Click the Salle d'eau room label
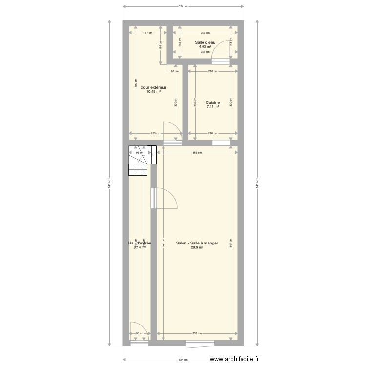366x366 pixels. (x=205, y=42)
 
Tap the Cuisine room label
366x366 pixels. (x=212, y=102)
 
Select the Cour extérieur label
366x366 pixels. (x=154, y=87)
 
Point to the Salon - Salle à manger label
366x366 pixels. (x=197, y=243)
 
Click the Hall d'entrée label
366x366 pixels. (x=140, y=243)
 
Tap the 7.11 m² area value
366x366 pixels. (x=212, y=107)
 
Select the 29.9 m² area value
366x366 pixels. (x=197, y=247)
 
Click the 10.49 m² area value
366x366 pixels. (x=154, y=91)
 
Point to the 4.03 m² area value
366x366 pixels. (x=205, y=47)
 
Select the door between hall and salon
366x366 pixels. (x=163, y=200)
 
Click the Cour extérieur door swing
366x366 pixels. (x=171, y=132)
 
